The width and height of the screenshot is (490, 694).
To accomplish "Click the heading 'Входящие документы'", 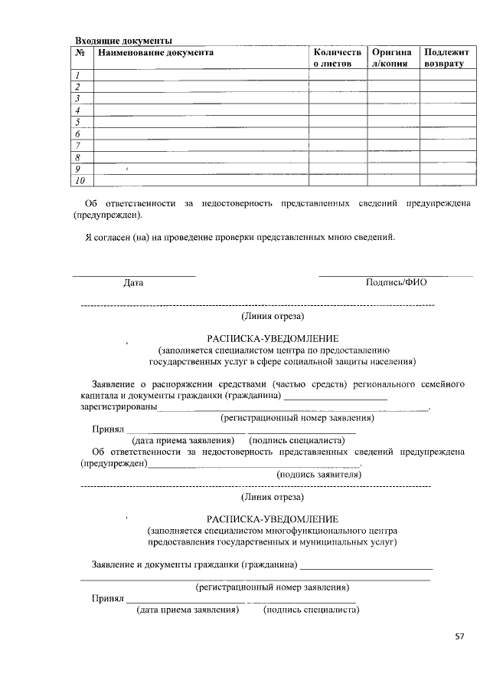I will (122, 40).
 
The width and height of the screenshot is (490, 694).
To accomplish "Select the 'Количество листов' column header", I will (336, 58).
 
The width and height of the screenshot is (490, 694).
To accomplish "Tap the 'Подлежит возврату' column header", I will (444, 58).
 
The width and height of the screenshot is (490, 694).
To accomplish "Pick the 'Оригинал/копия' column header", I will (394, 58).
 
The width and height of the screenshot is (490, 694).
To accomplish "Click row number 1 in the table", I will (79, 75).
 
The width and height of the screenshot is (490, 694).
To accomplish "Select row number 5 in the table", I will (79, 122).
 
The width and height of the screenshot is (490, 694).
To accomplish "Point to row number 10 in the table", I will (80, 180).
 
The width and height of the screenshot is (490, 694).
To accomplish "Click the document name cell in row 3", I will (200, 99).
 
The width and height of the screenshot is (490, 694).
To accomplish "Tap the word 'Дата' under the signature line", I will (133, 283).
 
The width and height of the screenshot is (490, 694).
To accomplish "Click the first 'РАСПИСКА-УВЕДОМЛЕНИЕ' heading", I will (272, 338).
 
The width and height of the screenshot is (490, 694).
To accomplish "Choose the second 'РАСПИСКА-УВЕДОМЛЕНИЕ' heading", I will (272, 519).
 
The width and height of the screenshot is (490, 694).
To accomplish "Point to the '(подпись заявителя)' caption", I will (318, 475).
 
